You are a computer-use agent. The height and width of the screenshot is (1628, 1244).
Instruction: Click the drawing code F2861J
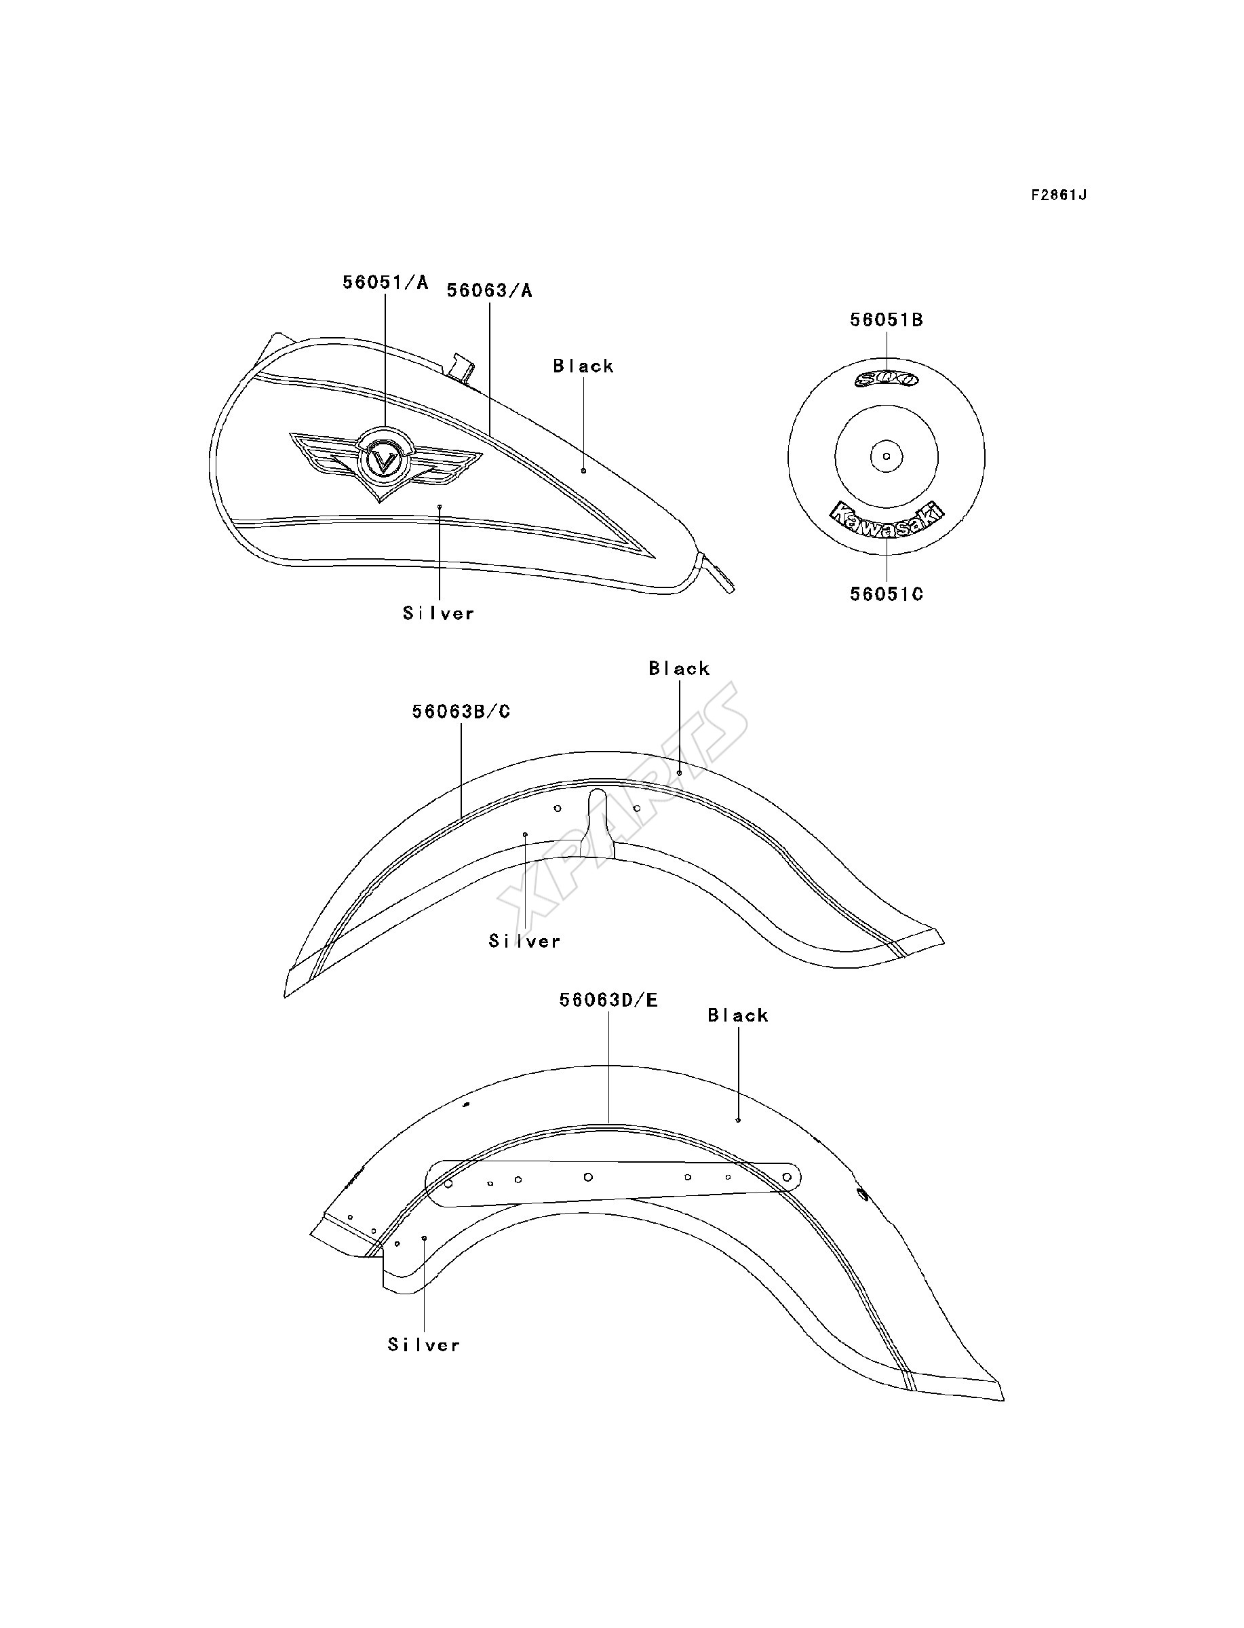click(1059, 195)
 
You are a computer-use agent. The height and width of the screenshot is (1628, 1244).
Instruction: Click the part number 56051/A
click(385, 282)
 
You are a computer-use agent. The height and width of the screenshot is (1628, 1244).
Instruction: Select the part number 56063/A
click(490, 290)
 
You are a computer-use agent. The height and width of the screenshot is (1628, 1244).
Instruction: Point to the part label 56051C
click(887, 594)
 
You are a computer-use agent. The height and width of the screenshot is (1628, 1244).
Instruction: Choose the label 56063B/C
click(461, 712)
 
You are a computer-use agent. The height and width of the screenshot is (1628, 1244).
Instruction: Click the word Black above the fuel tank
click(583, 366)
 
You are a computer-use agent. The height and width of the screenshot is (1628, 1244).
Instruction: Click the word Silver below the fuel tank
click(438, 613)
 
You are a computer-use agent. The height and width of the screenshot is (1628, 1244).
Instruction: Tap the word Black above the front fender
click(679, 669)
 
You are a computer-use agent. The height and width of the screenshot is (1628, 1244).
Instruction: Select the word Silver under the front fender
click(524, 941)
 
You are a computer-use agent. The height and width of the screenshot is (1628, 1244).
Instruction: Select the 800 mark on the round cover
click(887, 379)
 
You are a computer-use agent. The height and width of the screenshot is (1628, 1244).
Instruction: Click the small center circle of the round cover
click(887, 457)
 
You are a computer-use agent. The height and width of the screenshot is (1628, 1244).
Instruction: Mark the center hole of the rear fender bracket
click(588, 1176)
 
